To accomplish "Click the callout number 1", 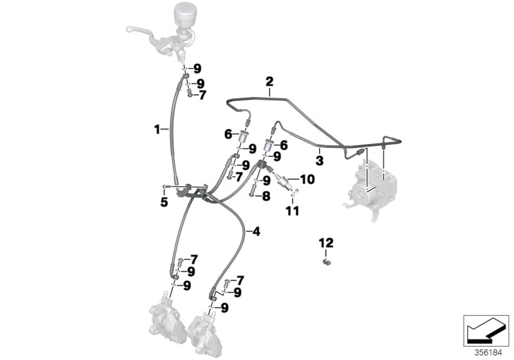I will pyautogui.click(x=156, y=129).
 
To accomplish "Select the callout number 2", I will pyautogui.click(x=269, y=82).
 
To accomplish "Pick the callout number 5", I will pyautogui.click(x=164, y=201).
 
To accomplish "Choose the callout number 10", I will pyautogui.click(x=307, y=179).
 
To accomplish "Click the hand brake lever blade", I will pyautogui.click(x=145, y=30).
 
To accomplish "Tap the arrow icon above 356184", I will pyautogui.click(x=486, y=330).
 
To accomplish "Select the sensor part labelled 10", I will pyautogui.click(x=285, y=181).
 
